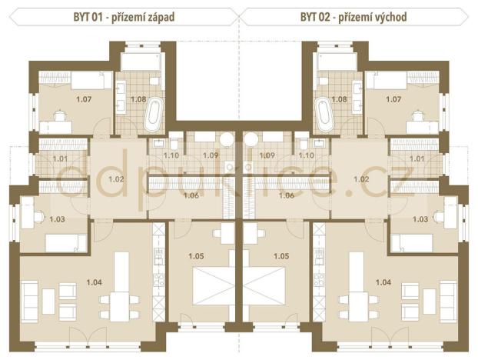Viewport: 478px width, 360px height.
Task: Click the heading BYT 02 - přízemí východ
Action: tap(354, 15)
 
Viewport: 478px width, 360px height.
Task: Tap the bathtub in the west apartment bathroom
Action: tap(152, 115)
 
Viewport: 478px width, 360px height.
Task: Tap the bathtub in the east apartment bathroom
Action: tap(325, 115)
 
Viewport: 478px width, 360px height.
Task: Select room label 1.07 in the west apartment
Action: tap(83, 99)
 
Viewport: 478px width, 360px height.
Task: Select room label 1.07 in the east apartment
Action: tap(393, 99)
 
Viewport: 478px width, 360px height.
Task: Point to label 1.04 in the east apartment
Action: tap(383, 282)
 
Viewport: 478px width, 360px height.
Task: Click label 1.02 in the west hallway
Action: tap(117, 178)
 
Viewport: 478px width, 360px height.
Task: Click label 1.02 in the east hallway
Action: tap(360, 178)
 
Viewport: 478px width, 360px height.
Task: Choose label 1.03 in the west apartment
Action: tap(57, 219)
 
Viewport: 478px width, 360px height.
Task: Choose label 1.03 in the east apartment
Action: tap(420, 219)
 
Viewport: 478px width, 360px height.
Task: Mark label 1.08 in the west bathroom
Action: tap(138, 99)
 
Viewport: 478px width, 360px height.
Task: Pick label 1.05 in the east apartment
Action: tap(280, 255)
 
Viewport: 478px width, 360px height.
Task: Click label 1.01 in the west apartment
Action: tap(61, 159)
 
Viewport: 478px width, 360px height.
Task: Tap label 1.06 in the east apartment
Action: tap(285, 195)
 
